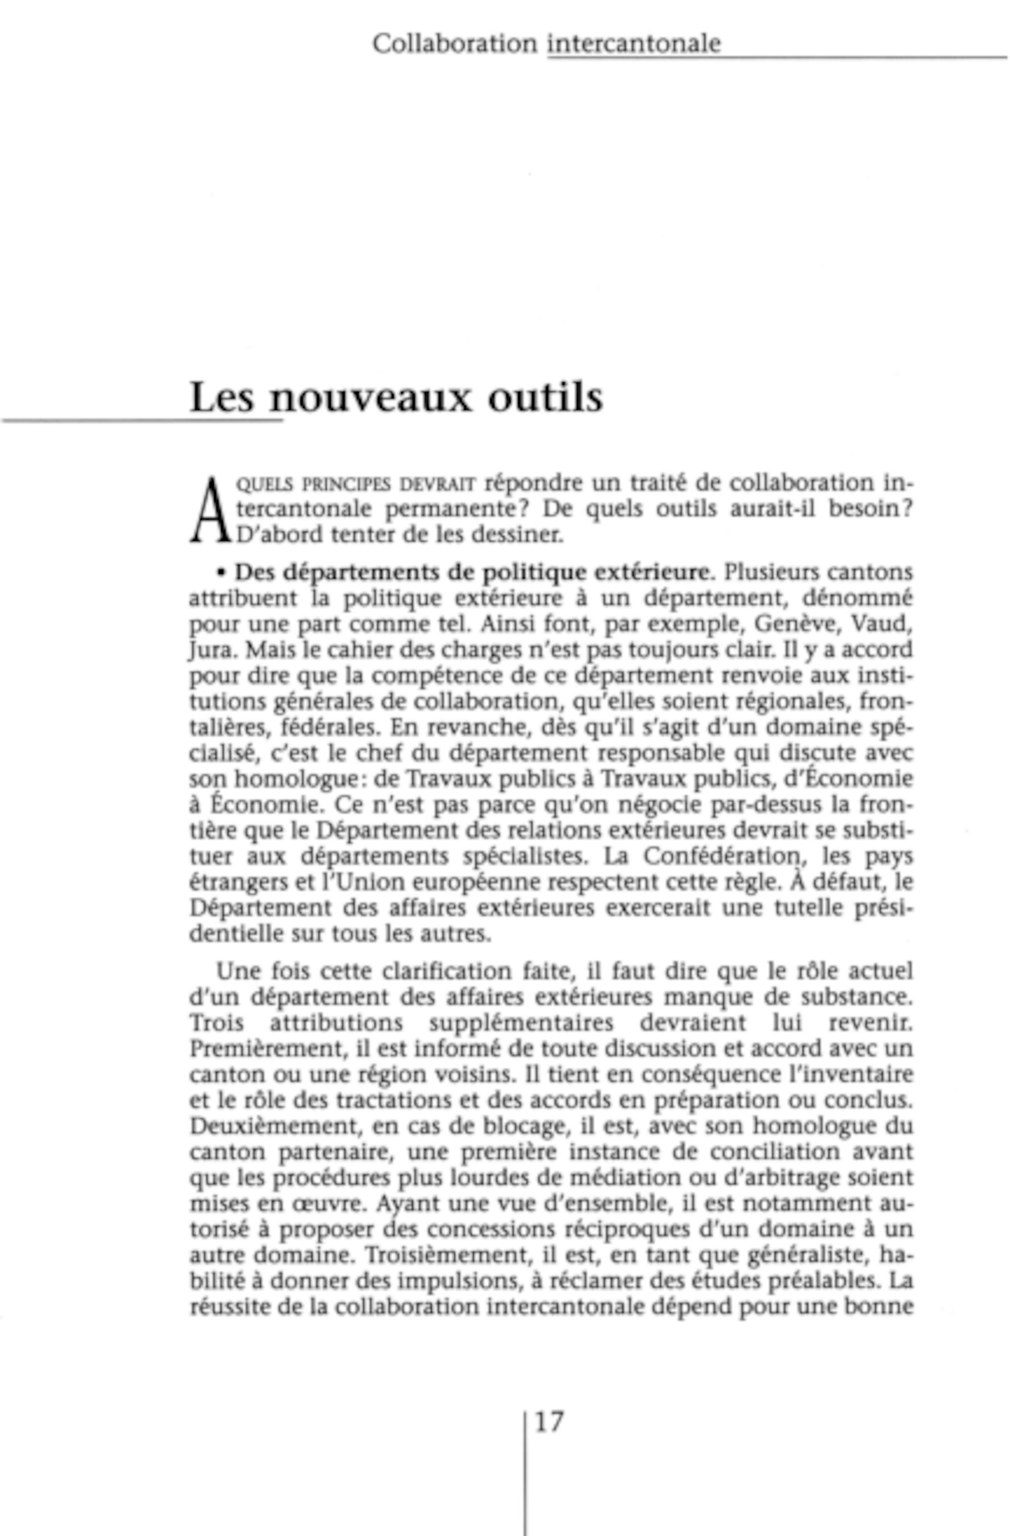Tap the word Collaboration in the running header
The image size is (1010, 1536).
pos(454,44)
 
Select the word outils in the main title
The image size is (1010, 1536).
pos(545,397)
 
